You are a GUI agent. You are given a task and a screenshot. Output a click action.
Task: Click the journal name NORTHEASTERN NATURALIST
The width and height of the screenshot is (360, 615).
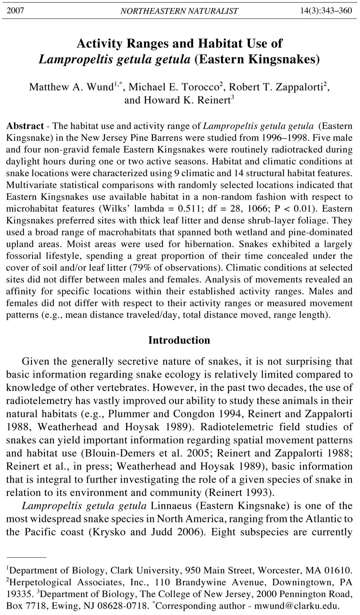179,11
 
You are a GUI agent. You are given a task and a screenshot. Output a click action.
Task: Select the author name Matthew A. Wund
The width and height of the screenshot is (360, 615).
71,87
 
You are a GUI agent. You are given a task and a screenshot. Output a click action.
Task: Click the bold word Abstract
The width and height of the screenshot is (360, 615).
25,126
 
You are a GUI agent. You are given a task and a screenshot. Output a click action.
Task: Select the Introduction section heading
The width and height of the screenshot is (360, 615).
179,340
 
